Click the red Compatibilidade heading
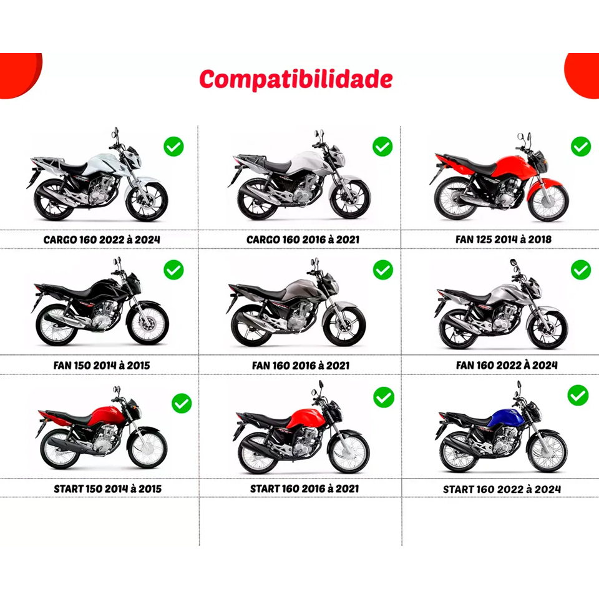(x=296, y=79)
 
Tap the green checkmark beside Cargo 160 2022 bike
(x=174, y=146)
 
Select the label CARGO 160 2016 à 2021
(x=303, y=240)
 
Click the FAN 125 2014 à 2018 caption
(x=504, y=240)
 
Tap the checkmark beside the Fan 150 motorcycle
(x=174, y=270)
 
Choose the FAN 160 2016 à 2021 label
(x=301, y=366)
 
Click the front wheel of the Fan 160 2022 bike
(x=547, y=329)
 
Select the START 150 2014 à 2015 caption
(x=108, y=489)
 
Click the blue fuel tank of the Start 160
(x=509, y=419)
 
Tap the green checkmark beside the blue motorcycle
(x=578, y=395)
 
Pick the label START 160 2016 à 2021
(x=304, y=489)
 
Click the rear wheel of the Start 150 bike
(x=60, y=449)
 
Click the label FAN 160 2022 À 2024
(x=507, y=366)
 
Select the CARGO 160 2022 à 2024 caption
(x=102, y=240)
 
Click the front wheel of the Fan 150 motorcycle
(x=148, y=324)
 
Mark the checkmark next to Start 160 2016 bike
(x=384, y=397)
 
